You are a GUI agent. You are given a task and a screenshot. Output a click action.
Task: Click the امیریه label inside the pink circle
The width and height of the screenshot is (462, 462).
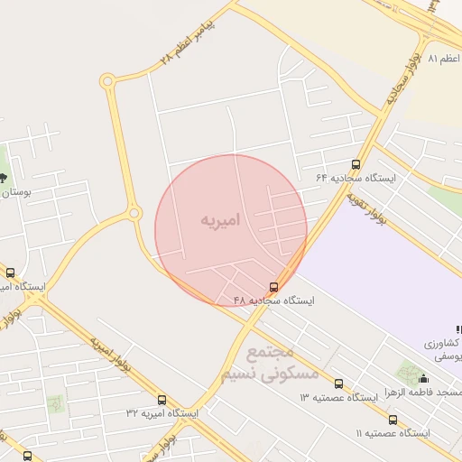coord(221,219)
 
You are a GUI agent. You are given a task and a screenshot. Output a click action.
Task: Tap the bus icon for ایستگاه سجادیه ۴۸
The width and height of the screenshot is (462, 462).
coord(275,288)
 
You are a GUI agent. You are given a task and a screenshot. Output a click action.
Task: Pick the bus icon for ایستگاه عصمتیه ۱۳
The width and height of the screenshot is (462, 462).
coord(338,383)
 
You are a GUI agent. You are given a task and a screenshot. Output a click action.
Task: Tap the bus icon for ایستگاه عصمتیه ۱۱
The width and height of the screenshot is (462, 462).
coord(393,420)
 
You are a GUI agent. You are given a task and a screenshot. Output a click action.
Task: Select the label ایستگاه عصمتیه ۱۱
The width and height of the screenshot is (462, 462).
coord(393,433)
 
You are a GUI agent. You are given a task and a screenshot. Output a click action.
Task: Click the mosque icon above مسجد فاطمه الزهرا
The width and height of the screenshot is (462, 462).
coord(424,379)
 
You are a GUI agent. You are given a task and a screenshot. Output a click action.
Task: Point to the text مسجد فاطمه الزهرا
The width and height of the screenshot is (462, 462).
coord(420,393)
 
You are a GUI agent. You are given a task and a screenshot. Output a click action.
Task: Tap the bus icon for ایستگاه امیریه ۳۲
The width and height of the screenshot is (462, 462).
coord(162,400)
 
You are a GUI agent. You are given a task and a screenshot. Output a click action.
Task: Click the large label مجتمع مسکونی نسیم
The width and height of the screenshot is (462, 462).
coord(268,362)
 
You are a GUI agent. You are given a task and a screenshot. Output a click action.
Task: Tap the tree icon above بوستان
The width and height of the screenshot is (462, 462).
coord(3,177)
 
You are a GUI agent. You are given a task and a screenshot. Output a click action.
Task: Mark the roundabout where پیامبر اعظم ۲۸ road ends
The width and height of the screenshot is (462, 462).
coord(107,81)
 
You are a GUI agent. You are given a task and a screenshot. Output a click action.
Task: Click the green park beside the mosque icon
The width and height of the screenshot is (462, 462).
coord(410,372)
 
